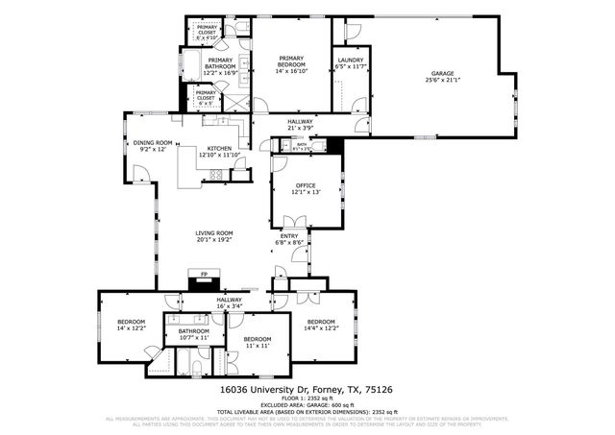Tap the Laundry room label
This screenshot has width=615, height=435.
351,60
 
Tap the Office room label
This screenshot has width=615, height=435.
306,184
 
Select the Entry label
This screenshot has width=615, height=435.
289,236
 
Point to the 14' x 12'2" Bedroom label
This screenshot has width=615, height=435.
132,321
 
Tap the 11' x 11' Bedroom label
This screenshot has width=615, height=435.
258,340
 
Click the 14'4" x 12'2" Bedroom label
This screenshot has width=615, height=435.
320,322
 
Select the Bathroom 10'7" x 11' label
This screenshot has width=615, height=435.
194,331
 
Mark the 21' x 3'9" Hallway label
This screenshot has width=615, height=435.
300,122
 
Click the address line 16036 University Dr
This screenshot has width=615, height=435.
307,390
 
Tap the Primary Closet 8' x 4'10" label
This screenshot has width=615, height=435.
208,34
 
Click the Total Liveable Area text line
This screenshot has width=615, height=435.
307,412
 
